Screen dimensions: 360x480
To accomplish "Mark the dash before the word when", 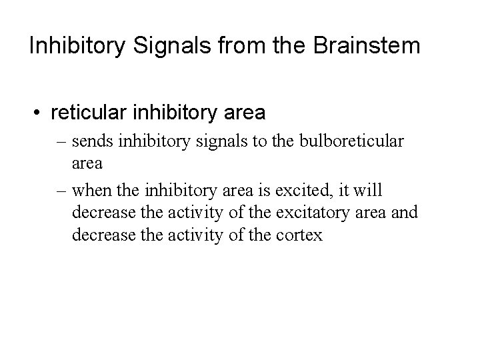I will click(x=62, y=191).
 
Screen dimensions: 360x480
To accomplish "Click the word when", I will click(x=93, y=191).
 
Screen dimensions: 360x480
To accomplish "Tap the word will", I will click(x=369, y=191).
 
